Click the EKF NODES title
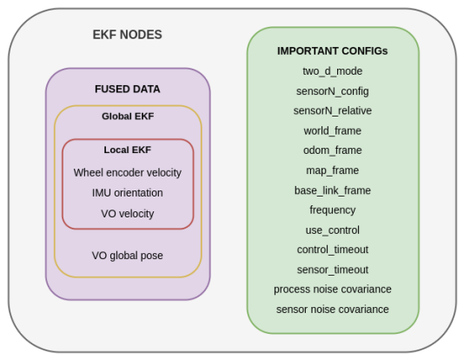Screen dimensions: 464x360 click(127, 35)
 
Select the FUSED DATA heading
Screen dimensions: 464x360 click(127, 89)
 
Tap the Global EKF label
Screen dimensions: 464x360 click(128, 116)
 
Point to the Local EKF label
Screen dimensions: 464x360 click(128, 150)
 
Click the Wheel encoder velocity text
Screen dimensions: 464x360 click(128, 172)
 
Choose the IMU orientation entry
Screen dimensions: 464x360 click(128, 193)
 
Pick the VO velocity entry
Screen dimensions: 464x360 click(128, 213)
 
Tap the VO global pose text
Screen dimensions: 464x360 click(128, 256)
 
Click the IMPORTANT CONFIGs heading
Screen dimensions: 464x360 click(333, 51)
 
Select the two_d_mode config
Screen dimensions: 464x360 click(333, 71)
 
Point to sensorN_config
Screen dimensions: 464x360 click(333, 91)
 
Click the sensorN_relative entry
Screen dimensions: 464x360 click(333, 110)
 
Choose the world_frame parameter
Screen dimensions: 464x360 click(333, 130)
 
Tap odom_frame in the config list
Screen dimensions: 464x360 click(333, 150)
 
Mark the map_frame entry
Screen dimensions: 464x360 click(333, 170)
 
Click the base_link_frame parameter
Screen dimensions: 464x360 click(333, 190)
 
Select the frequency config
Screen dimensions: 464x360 click(333, 210)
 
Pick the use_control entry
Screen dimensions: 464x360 click(333, 230)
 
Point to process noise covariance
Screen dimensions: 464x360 click(333, 290)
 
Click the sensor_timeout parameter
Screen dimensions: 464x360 click(333, 270)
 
